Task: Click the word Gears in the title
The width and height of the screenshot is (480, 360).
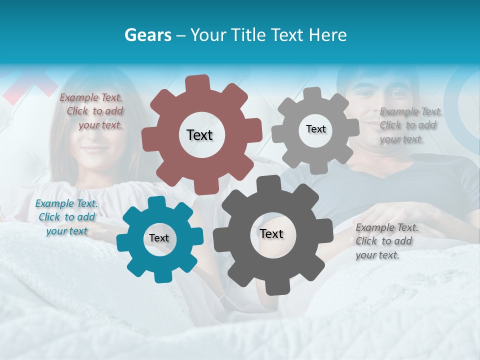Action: click(x=147, y=35)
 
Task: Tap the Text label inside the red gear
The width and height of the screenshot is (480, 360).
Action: click(x=199, y=135)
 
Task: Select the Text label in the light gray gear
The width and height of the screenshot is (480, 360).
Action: click(x=315, y=129)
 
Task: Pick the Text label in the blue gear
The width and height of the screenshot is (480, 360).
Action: click(x=159, y=238)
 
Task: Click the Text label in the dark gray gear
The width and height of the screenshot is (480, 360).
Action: click(x=271, y=233)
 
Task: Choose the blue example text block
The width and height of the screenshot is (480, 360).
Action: click(x=66, y=217)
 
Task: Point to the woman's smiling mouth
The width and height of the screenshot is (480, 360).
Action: click(x=94, y=148)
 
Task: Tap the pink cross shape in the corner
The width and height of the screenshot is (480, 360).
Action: click(x=30, y=85)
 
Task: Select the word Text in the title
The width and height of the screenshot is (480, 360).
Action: click(x=286, y=35)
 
